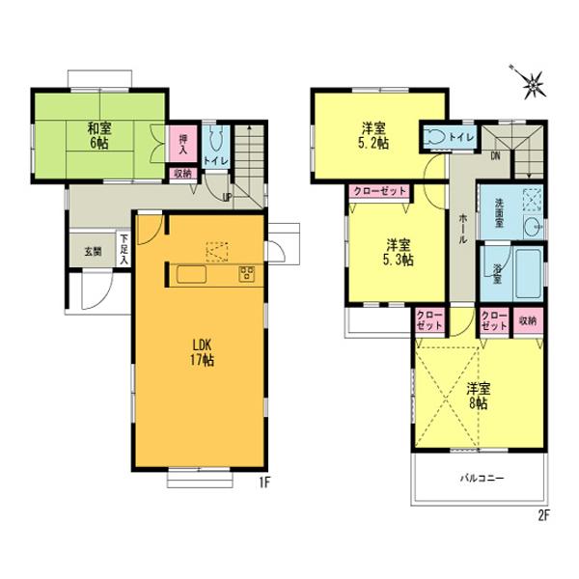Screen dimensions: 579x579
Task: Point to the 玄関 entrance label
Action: [x=92, y=252]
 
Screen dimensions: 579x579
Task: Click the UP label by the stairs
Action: [x=228, y=198]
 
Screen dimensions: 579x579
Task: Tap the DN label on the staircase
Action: [x=494, y=154]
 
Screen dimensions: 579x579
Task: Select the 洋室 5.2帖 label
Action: [x=375, y=135]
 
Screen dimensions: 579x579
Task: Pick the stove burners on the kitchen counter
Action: [x=246, y=272]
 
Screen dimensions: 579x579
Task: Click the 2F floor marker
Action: [x=543, y=513]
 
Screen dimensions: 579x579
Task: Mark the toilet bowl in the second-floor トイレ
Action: [x=434, y=138]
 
